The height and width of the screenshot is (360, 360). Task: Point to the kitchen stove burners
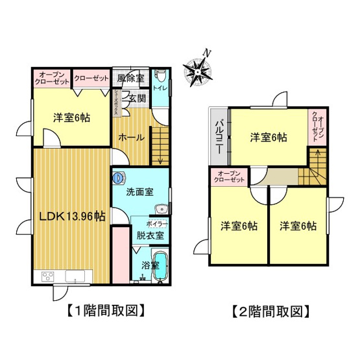48,277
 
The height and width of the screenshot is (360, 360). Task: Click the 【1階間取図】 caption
104,311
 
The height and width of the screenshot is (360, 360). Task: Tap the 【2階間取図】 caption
269,311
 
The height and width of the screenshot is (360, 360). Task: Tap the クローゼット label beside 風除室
91,78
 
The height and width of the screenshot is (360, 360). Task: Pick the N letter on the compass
205,53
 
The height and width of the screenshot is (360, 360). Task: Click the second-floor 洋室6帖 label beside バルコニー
269,138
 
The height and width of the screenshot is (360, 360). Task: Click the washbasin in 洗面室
162,209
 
